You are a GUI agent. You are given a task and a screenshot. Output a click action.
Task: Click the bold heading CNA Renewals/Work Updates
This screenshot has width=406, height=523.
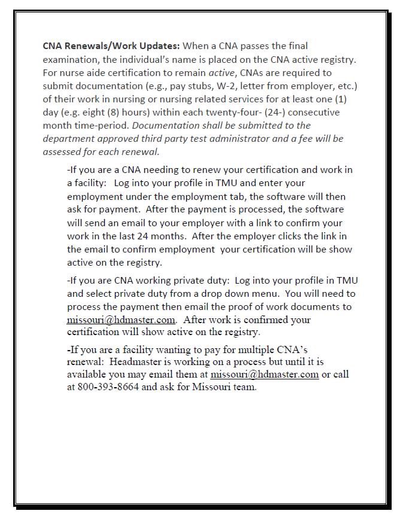click(x=111, y=45)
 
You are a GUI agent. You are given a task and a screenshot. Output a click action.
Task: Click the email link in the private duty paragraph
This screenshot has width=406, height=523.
click(x=121, y=320)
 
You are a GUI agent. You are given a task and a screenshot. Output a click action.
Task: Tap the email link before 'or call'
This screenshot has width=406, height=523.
click(x=264, y=375)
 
